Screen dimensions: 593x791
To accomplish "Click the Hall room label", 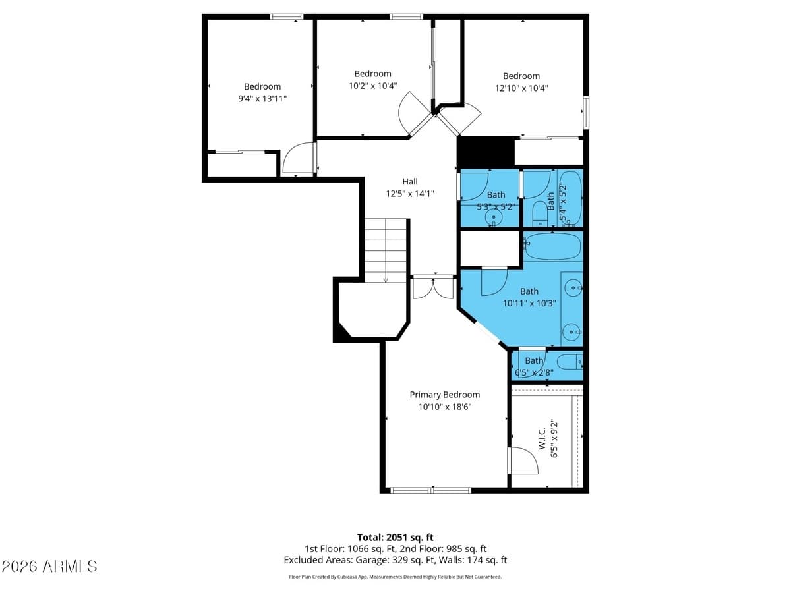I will click(410, 181).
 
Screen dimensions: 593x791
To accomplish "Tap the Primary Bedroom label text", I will click(444, 395).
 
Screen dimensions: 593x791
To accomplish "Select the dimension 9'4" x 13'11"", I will click(262, 98).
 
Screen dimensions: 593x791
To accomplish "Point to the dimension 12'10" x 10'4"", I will click(521, 88).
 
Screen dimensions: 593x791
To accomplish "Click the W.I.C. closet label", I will click(541, 438).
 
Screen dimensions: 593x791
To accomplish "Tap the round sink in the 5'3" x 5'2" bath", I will click(493, 216).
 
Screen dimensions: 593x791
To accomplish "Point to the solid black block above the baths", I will click(485, 152).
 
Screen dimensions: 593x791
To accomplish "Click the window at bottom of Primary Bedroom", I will click(430, 490).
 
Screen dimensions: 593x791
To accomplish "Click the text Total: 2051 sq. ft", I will click(395, 537).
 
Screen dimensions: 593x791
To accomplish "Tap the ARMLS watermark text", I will click(49, 566).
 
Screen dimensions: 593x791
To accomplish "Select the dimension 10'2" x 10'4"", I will click(372, 86).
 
